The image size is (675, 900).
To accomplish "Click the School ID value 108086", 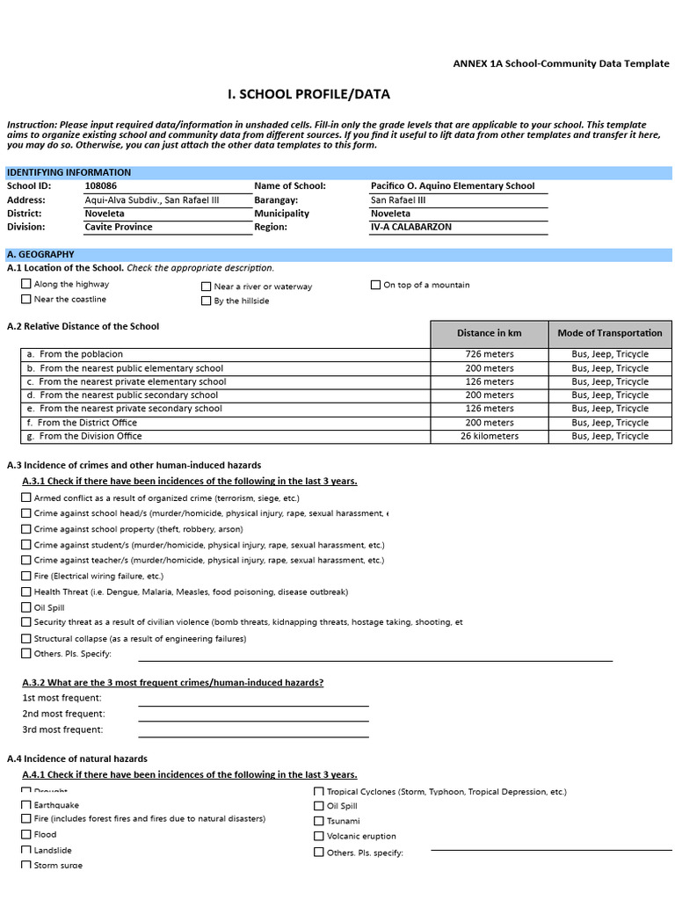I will click(100, 186).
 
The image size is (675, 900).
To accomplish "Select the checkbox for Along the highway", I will click(25, 284).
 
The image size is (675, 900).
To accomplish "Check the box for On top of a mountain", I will click(375, 285).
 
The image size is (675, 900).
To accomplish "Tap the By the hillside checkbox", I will click(207, 301).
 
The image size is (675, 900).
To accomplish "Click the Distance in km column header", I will click(489, 333).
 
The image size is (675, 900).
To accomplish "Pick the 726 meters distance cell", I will click(489, 354).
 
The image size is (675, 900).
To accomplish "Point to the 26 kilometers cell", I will click(489, 436).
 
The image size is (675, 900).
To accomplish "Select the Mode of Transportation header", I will click(610, 333).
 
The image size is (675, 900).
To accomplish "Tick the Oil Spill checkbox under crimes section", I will click(25, 607).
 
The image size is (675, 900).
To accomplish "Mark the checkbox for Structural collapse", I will click(25, 638).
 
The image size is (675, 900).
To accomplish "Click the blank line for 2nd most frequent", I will click(253, 715).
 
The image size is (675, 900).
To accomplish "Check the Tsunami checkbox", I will click(319, 821).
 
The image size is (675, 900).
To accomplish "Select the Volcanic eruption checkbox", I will click(319, 836).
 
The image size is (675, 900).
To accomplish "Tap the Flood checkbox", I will click(25, 834).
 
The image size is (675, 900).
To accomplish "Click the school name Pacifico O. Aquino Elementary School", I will click(453, 186).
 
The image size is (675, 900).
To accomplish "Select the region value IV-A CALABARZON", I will click(411, 227).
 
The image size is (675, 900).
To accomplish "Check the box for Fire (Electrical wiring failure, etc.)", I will click(25, 576).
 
